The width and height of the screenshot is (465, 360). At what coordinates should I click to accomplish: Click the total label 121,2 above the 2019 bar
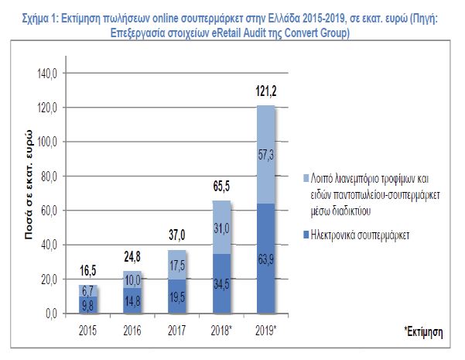pyautogui.click(x=266, y=92)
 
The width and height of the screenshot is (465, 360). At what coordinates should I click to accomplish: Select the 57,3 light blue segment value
pyautogui.click(x=266, y=156)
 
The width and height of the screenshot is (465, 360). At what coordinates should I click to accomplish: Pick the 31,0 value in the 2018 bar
pyautogui.click(x=222, y=226)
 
